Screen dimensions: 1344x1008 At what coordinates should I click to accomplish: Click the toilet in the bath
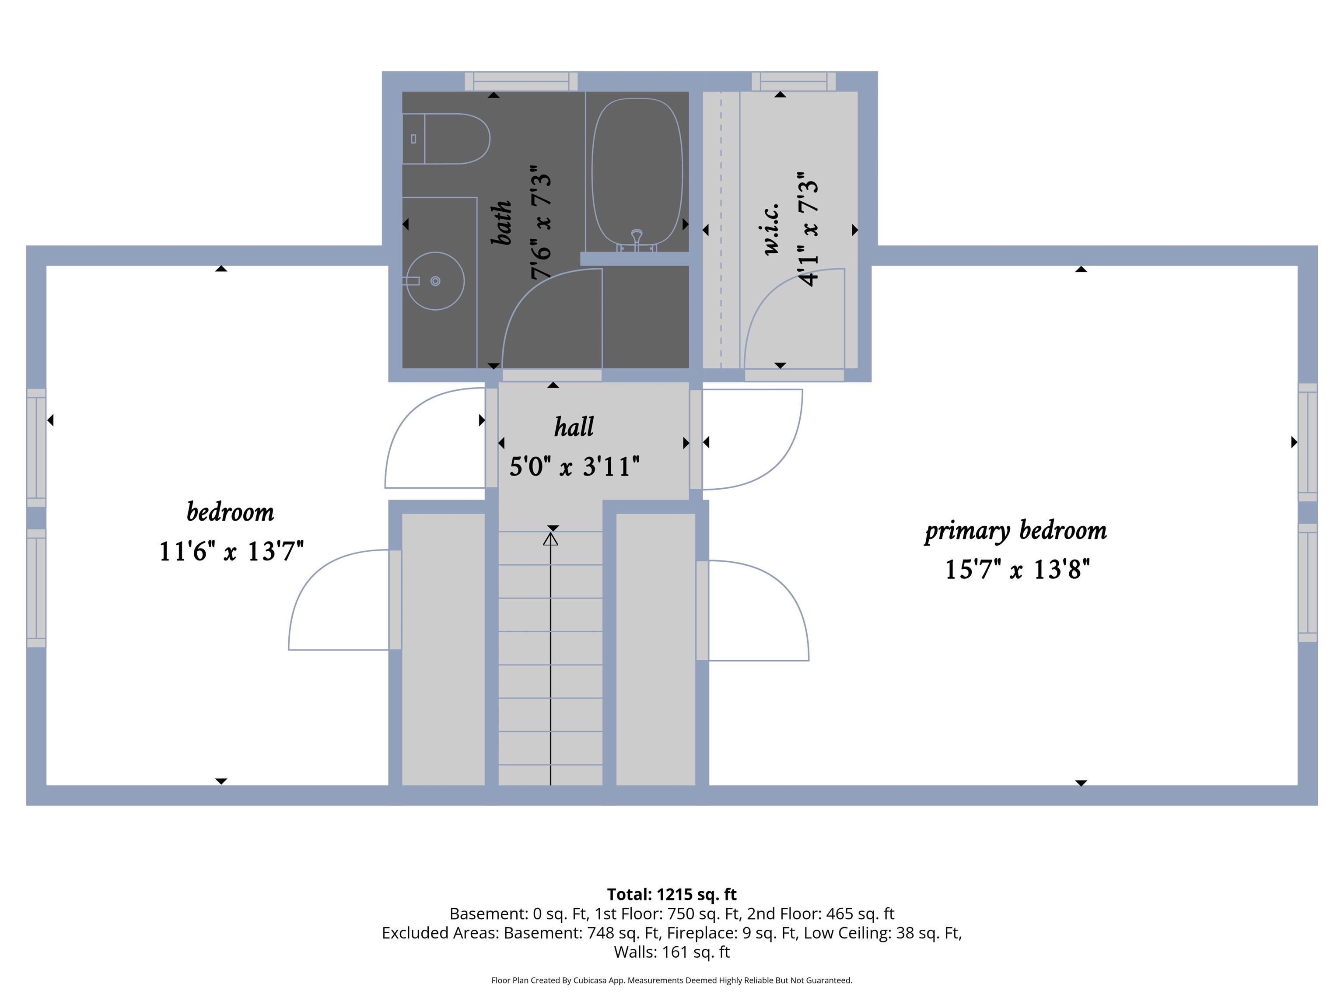pos(446,139)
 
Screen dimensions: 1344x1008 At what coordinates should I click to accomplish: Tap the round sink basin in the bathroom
pos(435,281)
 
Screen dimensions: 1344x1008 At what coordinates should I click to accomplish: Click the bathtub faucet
pos(637,240)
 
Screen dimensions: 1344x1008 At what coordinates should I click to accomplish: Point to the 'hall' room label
pos(574,427)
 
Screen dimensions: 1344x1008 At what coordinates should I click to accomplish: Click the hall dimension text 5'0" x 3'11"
pos(574,467)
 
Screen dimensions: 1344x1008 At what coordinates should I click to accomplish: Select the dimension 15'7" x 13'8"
pos(1017,569)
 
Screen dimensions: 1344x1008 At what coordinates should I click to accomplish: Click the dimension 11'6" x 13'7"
pos(231,551)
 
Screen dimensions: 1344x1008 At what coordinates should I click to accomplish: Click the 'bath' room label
pos(502,223)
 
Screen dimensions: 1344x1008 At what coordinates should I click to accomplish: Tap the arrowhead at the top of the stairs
pos(550,539)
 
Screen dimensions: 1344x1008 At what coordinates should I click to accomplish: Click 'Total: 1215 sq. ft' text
pos(672,894)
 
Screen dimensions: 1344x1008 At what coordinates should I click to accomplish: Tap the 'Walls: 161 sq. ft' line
pos(672,952)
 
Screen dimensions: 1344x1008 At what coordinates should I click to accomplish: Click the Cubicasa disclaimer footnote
pos(672,980)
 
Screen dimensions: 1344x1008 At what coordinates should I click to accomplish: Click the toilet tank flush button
pos(413,139)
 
